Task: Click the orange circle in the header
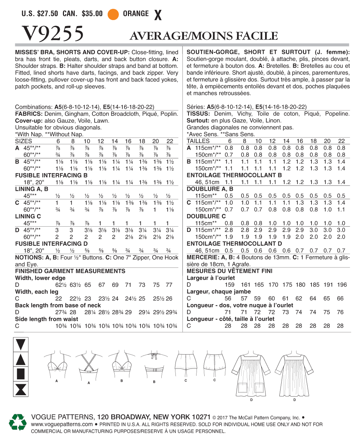point(113,14)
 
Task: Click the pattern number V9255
point(53,34)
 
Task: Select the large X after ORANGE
point(158,15)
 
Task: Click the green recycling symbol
point(18,422)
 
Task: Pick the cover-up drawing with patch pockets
point(251,373)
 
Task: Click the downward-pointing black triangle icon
point(21,345)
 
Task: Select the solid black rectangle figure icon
point(21,374)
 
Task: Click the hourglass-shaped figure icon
point(21,390)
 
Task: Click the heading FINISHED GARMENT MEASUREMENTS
point(70,271)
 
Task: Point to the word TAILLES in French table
point(198,141)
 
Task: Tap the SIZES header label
point(24,141)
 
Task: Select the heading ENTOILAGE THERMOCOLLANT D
point(234,244)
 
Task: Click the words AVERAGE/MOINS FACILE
point(204,36)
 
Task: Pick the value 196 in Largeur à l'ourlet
point(341,285)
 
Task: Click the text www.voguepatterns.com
point(62,424)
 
